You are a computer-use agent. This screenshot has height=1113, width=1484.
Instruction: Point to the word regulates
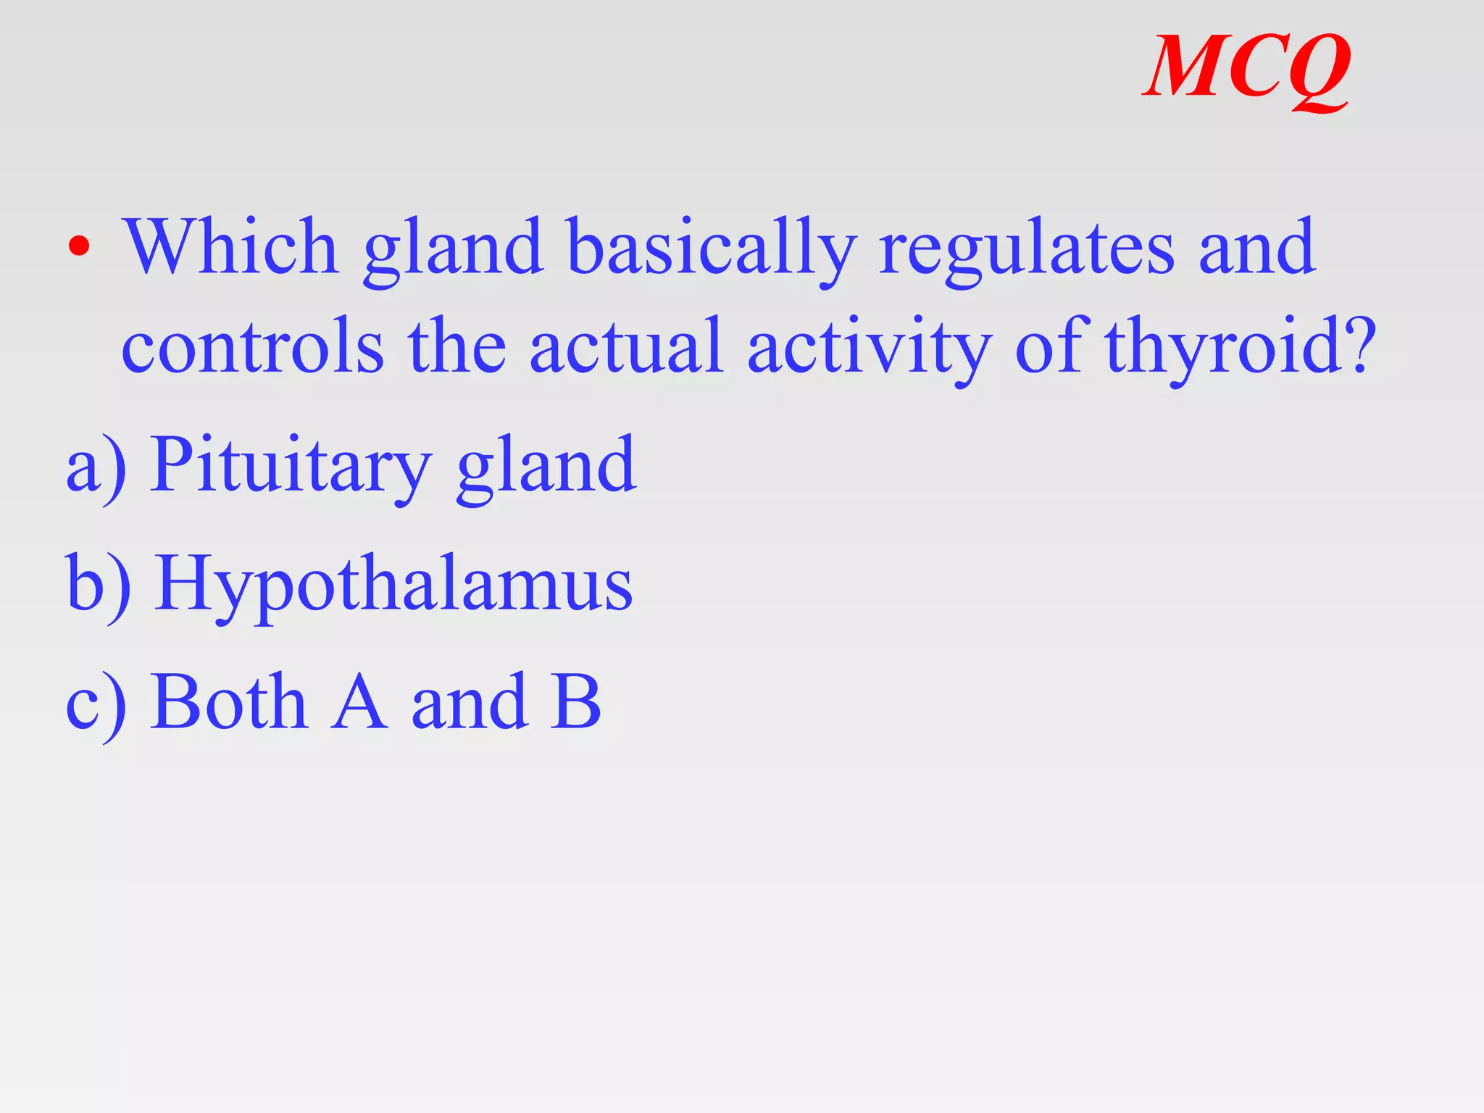pos(1026,250)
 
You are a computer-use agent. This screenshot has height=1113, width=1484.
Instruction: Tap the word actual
pos(626,346)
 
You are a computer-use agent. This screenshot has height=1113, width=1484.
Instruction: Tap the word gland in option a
pos(546,467)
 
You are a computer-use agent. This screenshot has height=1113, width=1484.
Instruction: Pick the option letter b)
pos(99,584)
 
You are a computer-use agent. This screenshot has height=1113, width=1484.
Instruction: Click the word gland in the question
pos(454,250)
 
